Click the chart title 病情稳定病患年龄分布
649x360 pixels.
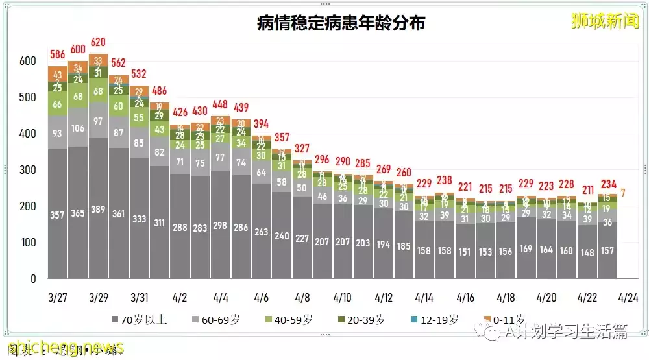click(x=341, y=23)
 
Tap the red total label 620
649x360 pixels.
click(x=99, y=42)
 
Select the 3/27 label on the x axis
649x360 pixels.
click(x=58, y=298)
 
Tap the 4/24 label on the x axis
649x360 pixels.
click(x=628, y=298)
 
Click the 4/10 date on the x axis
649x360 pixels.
click(x=342, y=298)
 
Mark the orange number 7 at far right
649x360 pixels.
click(x=623, y=193)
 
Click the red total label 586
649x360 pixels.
click(x=58, y=54)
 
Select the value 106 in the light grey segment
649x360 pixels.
click(x=78, y=128)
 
